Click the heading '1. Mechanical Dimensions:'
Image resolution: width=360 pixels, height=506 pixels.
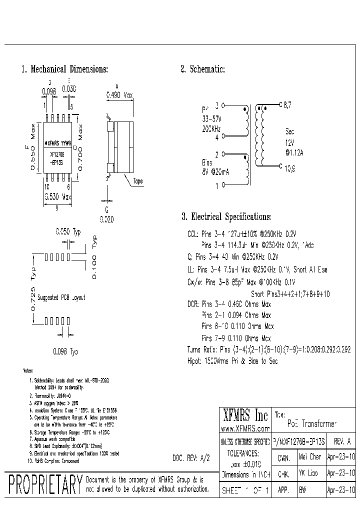coord(64,69)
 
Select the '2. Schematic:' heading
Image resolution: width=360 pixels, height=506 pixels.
coord(202,69)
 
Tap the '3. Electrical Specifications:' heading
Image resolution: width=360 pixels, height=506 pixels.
coord(226,216)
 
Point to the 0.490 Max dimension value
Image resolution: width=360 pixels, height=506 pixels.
coord(119,94)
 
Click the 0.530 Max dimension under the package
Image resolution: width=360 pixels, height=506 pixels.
coord(58,197)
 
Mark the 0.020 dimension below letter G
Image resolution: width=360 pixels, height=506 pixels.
coord(106,218)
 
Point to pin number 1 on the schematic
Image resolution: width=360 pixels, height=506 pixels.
coord(216,186)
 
